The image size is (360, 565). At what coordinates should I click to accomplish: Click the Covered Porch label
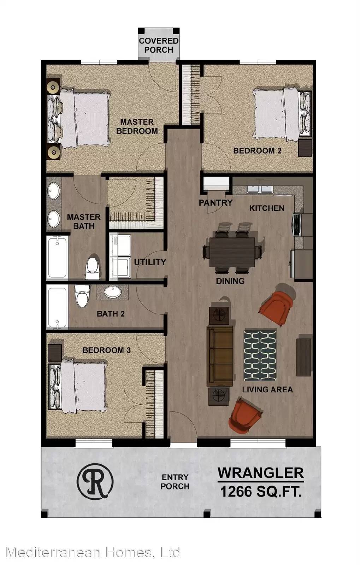[159, 46]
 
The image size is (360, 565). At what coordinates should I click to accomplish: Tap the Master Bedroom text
[137, 127]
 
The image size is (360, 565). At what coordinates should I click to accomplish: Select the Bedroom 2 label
[257, 151]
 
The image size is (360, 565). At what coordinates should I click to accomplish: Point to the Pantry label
[216, 203]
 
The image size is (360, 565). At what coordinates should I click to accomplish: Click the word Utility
[150, 262]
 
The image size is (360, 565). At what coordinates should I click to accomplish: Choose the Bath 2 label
[111, 314]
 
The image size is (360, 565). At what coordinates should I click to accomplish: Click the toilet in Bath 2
[83, 296]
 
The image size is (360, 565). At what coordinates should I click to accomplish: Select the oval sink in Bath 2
[112, 292]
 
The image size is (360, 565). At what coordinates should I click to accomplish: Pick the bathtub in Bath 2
[58, 307]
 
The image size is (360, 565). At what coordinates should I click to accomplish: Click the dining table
[232, 252]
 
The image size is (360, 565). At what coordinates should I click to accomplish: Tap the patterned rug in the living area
[260, 355]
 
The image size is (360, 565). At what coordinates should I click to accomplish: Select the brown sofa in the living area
[219, 356]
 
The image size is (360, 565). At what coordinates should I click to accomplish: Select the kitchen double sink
[260, 189]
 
